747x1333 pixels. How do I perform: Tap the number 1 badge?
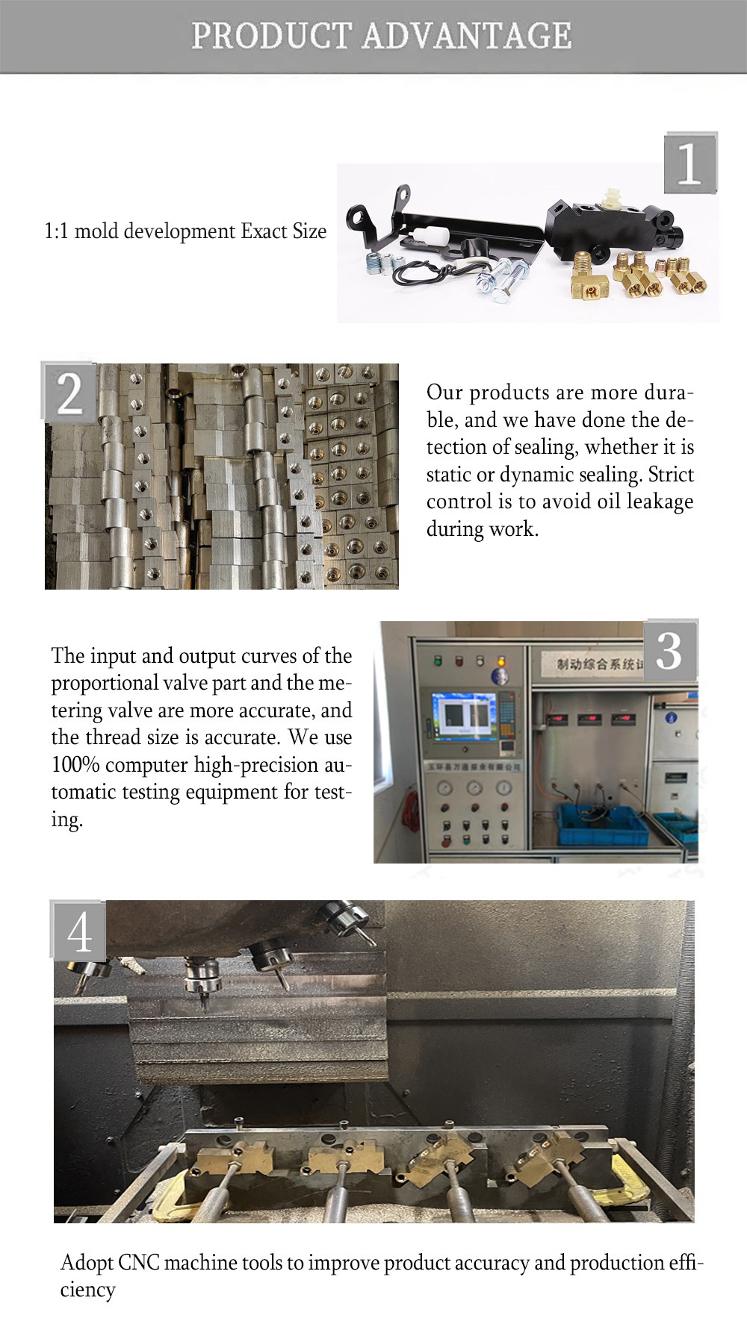pos(690,163)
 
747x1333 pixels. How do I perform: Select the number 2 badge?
pos(69,393)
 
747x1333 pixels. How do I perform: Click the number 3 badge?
pos(670,650)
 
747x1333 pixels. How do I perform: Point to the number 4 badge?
pos(78,931)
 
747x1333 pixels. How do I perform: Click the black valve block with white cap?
pos(609,228)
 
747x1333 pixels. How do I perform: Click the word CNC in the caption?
pos(139,1263)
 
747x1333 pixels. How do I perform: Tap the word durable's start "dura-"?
pos(669,393)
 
